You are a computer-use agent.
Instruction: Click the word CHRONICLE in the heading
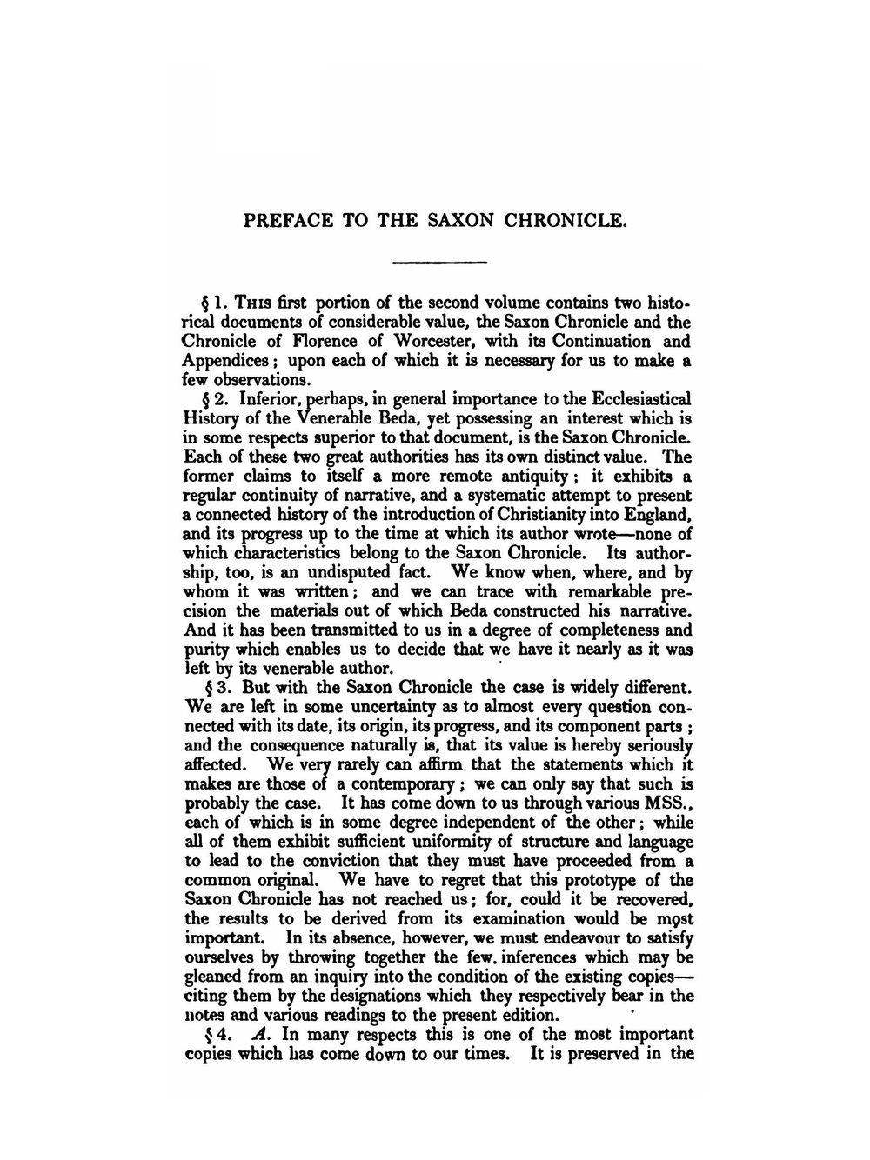565,220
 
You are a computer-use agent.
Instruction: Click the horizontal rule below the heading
439,263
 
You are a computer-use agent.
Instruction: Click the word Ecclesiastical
641,399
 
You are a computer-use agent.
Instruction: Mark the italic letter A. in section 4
258,1035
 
